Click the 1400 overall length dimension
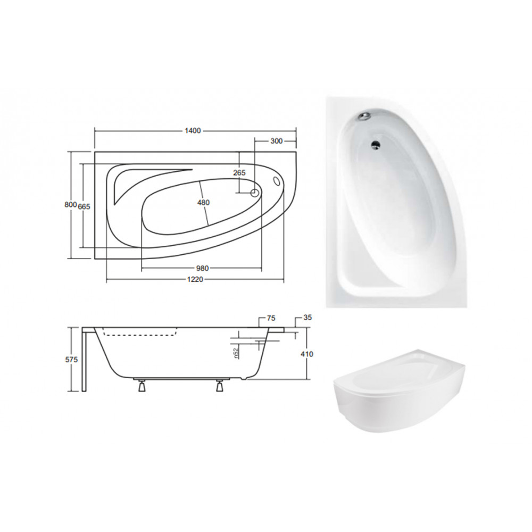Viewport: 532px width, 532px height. point(193,131)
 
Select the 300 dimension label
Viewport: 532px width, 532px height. point(277,141)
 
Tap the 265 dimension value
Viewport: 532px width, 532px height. point(239,173)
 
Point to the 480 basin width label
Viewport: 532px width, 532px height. point(203,203)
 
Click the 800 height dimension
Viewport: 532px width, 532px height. point(70,205)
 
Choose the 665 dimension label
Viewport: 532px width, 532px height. point(84,206)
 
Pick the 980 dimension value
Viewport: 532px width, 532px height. point(202,268)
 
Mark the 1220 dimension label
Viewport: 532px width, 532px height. point(195,279)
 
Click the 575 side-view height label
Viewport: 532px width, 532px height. point(71,360)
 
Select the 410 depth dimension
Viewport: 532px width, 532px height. point(307,354)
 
